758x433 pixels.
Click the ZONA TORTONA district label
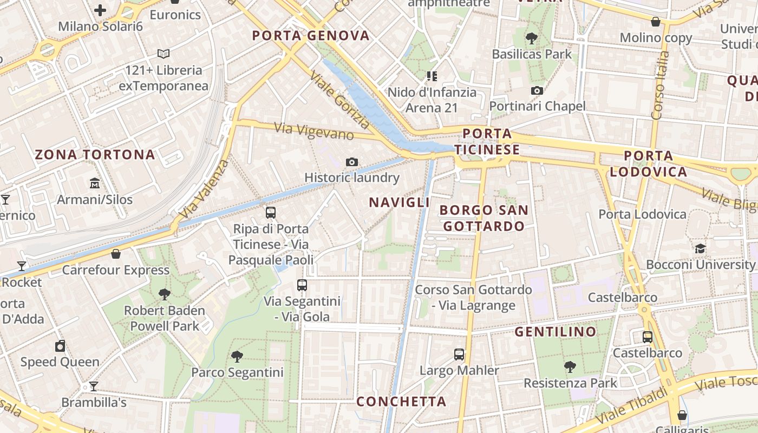(95, 155)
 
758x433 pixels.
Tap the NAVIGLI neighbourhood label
(399, 202)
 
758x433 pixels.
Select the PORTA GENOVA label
(311, 36)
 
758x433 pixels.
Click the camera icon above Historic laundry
(352, 162)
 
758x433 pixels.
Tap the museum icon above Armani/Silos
(95, 183)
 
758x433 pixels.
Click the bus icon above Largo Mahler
(459, 355)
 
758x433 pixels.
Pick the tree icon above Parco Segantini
(237, 356)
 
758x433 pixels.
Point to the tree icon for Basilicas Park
(532, 38)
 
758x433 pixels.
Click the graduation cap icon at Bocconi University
(700, 249)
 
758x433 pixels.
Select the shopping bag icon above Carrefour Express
(115, 254)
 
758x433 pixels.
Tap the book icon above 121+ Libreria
(164, 54)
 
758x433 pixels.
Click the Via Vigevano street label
(314, 132)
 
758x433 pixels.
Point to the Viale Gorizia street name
(339, 101)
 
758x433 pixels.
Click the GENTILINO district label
(555, 332)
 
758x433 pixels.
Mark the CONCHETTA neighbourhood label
(401, 402)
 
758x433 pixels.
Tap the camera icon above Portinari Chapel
(537, 90)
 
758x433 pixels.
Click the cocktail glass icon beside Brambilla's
(94, 386)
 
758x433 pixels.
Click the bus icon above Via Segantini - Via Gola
(302, 285)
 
